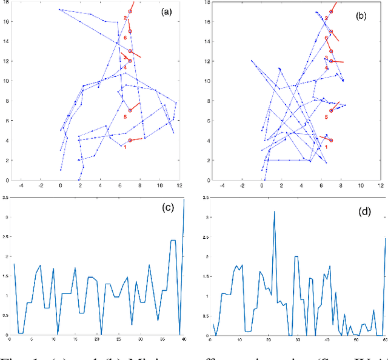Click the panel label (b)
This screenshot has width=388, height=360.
click(361, 17)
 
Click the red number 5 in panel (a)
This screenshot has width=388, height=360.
click(125, 116)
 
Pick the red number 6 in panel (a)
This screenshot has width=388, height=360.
click(125, 38)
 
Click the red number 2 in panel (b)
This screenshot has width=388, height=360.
click(326, 18)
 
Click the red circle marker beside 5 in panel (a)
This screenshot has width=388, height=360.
click(130, 110)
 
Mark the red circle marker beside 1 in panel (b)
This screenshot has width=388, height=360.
click(331, 140)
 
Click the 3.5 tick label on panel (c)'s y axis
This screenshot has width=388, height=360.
click(3, 197)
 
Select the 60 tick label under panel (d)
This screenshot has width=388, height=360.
click(384, 340)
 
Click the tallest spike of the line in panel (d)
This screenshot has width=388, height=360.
click(274, 212)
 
